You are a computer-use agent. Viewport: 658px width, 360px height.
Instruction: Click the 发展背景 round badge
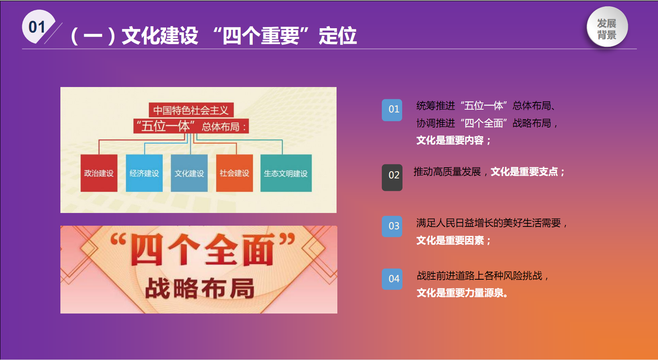[607, 27]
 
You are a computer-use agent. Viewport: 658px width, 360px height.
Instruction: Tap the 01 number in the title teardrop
[37, 27]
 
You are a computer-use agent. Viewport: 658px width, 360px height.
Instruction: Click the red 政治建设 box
[99, 173]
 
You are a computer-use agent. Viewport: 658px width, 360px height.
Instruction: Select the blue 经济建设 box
[144, 173]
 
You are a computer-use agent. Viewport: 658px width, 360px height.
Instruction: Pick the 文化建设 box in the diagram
[189, 173]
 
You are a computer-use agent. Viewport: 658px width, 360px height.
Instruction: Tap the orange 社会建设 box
[234, 173]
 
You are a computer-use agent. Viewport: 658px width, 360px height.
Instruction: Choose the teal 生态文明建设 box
[286, 173]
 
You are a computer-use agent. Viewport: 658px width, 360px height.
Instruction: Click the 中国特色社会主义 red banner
[191, 110]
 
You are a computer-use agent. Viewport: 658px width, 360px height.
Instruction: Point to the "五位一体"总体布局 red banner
[191, 126]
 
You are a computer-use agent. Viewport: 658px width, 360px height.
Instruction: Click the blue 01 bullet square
[392, 110]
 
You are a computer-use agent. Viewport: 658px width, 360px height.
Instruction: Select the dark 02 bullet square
[392, 178]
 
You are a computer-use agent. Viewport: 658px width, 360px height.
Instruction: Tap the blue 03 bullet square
[392, 226]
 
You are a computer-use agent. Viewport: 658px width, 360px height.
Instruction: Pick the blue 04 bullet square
[392, 279]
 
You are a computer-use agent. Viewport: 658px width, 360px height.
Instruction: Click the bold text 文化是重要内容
[450, 140]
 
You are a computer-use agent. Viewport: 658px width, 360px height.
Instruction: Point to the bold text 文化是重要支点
[524, 172]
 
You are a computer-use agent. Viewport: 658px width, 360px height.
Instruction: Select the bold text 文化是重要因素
[450, 240]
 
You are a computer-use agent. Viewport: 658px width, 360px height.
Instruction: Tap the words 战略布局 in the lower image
[199, 288]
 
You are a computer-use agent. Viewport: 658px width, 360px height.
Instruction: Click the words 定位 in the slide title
[338, 36]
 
